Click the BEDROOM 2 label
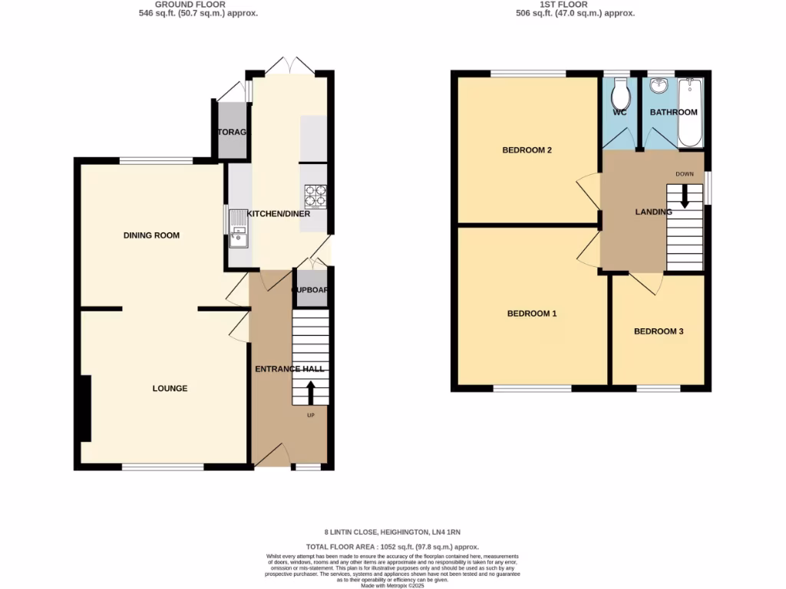(527, 150)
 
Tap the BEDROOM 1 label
(532, 314)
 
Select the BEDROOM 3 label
(658, 332)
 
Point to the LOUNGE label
(170, 389)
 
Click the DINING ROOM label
(151, 235)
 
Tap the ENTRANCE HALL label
(290, 370)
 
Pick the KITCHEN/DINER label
(278, 214)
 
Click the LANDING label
(653, 212)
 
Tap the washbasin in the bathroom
(659, 86)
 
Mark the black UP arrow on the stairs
(311, 393)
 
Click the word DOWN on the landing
(685, 174)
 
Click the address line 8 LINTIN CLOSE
(392, 531)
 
